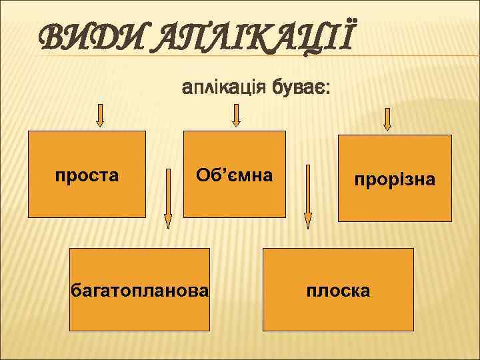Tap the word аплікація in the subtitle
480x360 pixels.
coord(222,87)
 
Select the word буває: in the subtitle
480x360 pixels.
coord(297,87)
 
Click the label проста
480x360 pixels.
coord(87,176)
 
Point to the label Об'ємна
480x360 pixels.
coord(234,175)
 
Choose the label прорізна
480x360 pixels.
coord(395,179)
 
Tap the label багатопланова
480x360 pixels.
coord(140,290)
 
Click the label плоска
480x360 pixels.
coord(338,291)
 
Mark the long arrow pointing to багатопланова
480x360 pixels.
coord(168,197)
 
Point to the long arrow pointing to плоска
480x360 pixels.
coord(307,197)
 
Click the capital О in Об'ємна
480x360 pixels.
coord(203,175)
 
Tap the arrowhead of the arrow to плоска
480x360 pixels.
coord(307,221)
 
